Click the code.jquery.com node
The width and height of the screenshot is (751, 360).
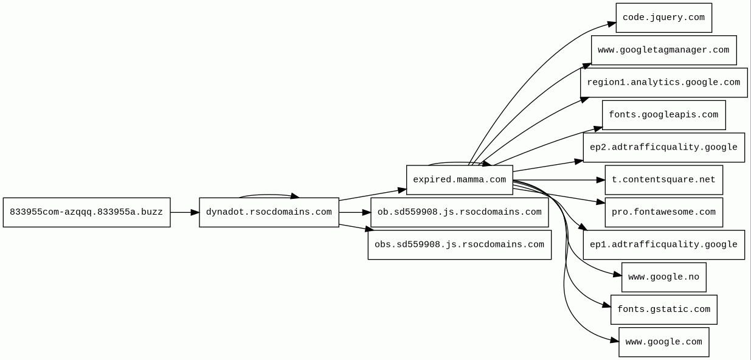[x=663, y=18]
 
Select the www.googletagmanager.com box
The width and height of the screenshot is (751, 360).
[x=663, y=50]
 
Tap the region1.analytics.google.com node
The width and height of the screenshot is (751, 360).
[x=663, y=83]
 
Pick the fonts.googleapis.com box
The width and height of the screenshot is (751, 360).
[x=663, y=115]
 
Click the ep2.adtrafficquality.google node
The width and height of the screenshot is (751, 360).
[x=663, y=147]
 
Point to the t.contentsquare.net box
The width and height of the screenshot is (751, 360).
[x=663, y=180]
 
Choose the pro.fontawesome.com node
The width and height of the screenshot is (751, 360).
[x=663, y=212]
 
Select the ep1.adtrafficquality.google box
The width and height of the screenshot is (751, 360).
[x=663, y=244]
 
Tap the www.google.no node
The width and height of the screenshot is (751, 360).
[x=663, y=277]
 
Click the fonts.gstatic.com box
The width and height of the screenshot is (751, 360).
[x=663, y=310]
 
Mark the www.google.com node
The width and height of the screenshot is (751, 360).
[x=663, y=342]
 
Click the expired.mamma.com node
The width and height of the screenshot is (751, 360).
[x=459, y=180]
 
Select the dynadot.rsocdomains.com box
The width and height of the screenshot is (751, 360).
[x=269, y=212]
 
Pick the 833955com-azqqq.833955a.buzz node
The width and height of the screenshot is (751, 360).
[x=86, y=212]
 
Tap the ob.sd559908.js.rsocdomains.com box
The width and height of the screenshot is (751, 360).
[x=459, y=212]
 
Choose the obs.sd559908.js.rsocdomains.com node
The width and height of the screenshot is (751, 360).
[x=459, y=244]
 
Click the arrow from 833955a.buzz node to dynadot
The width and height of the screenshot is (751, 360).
[x=184, y=212]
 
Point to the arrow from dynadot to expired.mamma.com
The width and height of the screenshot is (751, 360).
[x=372, y=195]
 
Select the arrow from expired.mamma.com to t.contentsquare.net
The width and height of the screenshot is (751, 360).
[x=558, y=180]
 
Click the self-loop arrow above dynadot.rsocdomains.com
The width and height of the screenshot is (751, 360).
[x=268, y=195]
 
